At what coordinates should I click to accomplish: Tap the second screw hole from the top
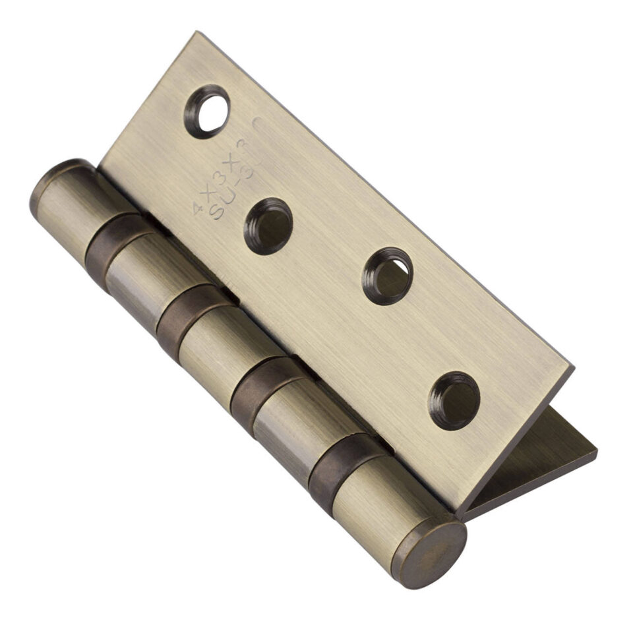click(268, 226)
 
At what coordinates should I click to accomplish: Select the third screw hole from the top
click(388, 276)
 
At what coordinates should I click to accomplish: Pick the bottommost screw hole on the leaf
click(454, 400)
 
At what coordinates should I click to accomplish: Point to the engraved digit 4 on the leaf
click(197, 208)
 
